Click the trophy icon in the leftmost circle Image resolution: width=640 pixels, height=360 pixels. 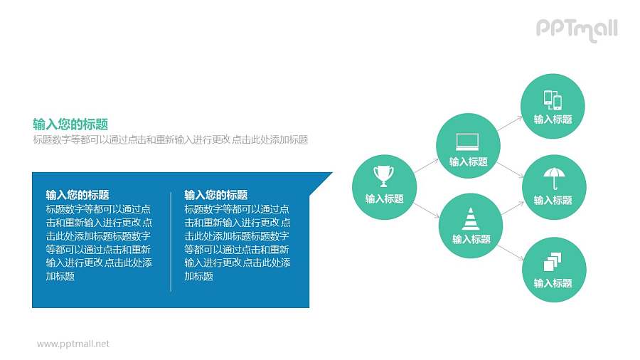point(384,174)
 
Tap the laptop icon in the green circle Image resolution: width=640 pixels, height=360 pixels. point(468,141)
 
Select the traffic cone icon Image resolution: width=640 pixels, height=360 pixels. point(471,218)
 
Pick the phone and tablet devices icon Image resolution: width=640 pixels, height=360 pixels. point(553,100)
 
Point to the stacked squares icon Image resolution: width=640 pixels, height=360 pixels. point(553,261)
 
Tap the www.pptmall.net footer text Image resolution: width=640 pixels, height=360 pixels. point(73,344)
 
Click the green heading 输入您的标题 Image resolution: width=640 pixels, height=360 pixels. point(70,124)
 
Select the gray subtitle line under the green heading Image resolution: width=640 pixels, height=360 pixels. point(170,140)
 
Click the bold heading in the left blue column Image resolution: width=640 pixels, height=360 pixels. point(77,194)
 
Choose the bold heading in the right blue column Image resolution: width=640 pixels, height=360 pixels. point(215,194)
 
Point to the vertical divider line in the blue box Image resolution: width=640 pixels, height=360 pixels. point(171,240)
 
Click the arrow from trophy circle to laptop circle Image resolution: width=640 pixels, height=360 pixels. point(426,166)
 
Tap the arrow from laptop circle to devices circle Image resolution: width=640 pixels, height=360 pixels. point(509,123)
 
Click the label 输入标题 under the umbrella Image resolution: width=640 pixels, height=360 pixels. point(553,200)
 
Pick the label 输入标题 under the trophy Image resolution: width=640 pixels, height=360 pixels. point(384,198)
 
